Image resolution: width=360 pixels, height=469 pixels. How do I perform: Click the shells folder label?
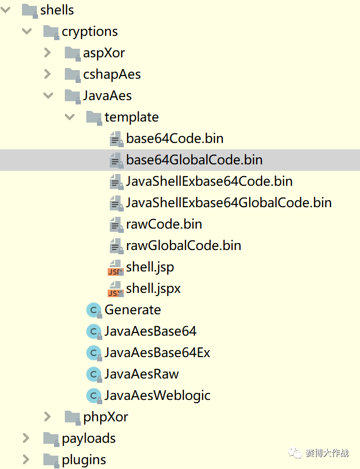coord(57,10)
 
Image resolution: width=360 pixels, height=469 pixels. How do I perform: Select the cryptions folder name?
coord(89,32)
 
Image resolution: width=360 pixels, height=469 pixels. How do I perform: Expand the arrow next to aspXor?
coord(48,53)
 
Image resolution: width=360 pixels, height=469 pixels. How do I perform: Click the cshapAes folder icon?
coord(72,74)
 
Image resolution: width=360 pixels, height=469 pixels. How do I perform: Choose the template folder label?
coord(131,117)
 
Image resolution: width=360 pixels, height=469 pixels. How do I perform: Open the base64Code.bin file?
coord(175,139)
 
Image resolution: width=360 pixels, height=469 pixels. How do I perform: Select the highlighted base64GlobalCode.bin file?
coord(194,160)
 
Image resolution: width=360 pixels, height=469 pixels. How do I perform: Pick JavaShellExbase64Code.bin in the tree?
coord(209,181)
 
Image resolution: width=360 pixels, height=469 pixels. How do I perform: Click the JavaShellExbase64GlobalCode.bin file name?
coord(229,203)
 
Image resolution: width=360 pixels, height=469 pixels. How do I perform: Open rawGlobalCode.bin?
coord(183,246)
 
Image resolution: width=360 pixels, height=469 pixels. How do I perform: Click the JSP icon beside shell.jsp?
coord(116,267)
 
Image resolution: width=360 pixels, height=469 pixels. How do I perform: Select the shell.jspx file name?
coord(153,289)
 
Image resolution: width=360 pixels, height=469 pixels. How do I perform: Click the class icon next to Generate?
coord(94,310)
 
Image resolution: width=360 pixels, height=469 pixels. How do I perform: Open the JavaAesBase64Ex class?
coord(157,353)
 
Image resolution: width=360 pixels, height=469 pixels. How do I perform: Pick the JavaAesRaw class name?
coord(141,374)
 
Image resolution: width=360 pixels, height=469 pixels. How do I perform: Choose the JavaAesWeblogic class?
coord(157,396)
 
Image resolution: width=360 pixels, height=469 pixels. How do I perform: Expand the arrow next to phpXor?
coord(48,417)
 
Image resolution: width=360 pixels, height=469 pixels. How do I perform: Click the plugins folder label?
coord(84,460)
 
